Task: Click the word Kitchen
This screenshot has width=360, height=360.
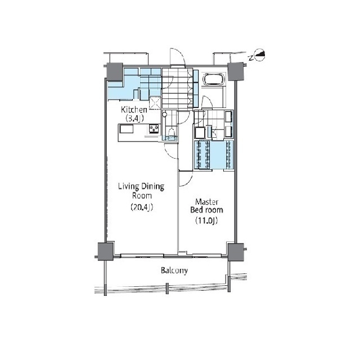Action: click(134, 110)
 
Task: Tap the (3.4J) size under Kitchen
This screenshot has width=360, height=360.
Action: click(134, 119)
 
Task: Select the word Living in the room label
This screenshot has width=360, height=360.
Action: click(128, 186)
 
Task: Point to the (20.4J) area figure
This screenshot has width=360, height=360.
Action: click(142, 208)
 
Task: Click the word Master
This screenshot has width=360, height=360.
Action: click(206, 202)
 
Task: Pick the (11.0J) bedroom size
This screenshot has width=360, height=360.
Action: click(206, 220)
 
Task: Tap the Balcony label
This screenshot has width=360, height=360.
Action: click(174, 271)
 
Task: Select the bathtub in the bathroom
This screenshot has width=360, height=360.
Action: click(213, 79)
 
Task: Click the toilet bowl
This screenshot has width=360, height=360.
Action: click(171, 133)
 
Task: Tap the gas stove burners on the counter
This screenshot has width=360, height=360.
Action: click(154, 129)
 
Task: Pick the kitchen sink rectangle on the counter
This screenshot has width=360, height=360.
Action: click(126, 129)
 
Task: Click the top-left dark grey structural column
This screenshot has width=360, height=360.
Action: click(115, 71)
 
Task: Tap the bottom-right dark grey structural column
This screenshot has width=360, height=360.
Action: click(236, 252)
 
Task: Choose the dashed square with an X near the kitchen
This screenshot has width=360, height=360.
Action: click(155, 103)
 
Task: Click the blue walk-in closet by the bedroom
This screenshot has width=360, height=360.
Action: click(214, 155)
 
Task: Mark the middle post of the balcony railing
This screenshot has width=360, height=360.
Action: click(168, 289)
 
